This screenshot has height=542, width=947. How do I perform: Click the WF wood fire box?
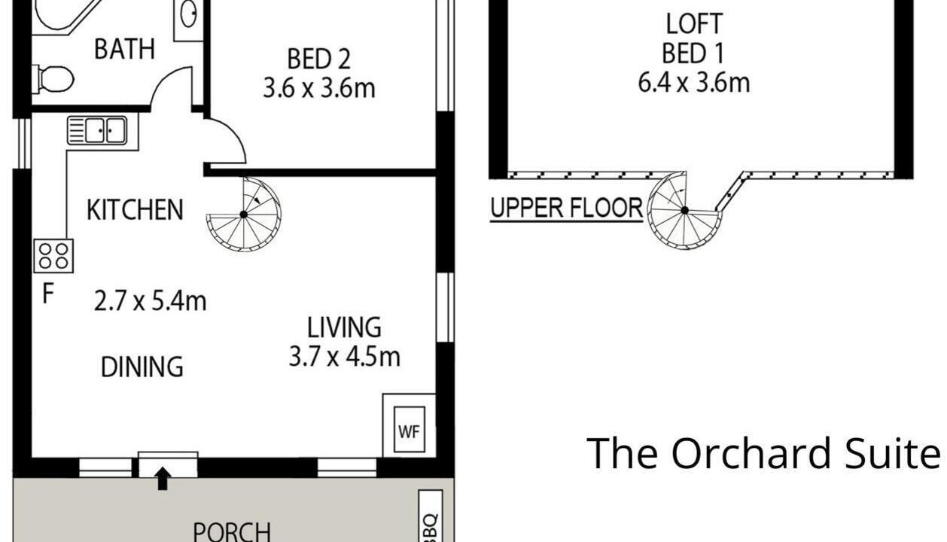pyautogui.click(x=410, y=430)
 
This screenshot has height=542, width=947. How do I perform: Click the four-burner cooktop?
pyautogui.click(x=53, y=256)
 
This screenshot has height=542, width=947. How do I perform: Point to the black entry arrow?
pyautogui.click(x=163, y=479)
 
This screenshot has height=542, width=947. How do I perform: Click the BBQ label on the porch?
pyautogui.click(x=431, y=527)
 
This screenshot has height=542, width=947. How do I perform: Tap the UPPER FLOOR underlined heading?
pyautogui.click(x=566, y=209)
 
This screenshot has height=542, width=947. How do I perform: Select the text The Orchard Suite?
pyautogui.click(x=763, y=453)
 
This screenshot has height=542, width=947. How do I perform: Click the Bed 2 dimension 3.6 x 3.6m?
pyautogui.click(x=319, y=89)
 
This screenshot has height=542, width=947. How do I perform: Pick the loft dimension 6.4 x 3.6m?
pyautogui.click(x=694, y=83)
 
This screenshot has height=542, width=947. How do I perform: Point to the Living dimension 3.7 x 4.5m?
pyautogui.click(x=344, y=356)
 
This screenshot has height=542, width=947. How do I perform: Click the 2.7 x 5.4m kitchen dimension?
pyautogui.click(x=150, y=301)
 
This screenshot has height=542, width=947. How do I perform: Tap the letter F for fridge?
pyautogui.click(x=47, y=294)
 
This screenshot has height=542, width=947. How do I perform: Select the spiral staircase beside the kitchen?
pyautogui.click(x=244, y=215)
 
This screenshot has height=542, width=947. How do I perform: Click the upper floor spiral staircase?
pyautogui.click(x=685, y=210)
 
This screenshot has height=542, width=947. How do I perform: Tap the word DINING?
pyautogui.click(x=142, y=367)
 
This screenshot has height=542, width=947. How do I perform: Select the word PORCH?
pyautogui.click(x=232, y=532)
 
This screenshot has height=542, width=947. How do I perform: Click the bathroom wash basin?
pyautogui.click(x=188, y=14)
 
